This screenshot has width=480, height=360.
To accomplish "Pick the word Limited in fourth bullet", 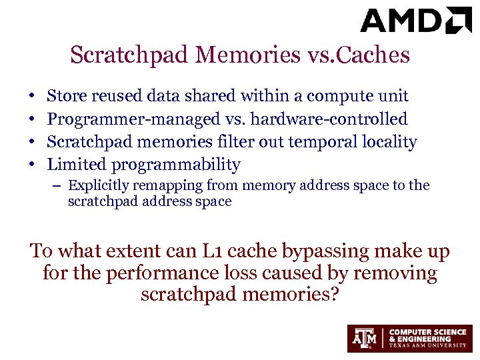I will click(77, 163).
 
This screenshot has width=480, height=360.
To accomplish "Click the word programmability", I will click(176, 164).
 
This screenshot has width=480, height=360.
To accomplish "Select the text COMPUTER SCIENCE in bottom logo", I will click(427, 331).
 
